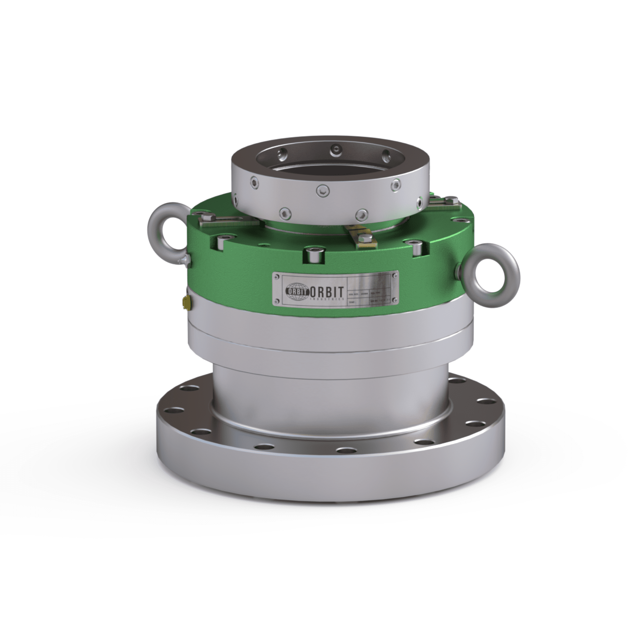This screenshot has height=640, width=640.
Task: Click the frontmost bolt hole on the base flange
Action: pos(345,451)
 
